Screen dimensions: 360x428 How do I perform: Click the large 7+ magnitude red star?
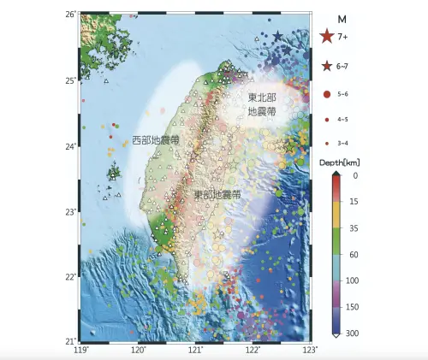[326, 37]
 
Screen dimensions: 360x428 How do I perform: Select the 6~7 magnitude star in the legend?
[326, 66]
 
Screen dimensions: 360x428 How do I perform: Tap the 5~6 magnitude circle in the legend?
[326, 92]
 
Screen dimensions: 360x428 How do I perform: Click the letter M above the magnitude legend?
[342, 19]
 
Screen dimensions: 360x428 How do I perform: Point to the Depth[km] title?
[339, 162]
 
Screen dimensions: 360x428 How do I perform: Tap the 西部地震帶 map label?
[155, 139]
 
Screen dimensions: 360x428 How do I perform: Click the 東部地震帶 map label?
[217, 195]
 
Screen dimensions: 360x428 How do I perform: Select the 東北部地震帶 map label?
[262, 104]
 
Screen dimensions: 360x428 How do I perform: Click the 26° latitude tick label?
[73, 15]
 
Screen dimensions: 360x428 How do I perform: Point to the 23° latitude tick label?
[73, 211]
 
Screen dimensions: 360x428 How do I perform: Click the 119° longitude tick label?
[81, 349]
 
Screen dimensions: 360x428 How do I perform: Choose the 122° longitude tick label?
[253, 349]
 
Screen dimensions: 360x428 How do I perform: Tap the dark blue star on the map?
[277, 36]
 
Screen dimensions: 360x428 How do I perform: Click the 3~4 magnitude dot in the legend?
[326, 142]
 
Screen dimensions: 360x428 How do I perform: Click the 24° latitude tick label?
[73, 145]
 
